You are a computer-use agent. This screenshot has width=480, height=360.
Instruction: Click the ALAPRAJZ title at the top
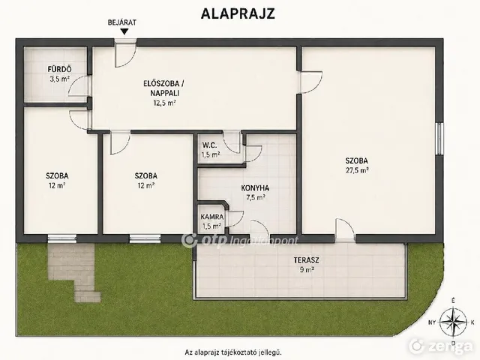pyautogui.click(x=238, y=13)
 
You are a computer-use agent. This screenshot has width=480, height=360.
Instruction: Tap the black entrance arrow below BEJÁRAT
pyautogui.click(x=124, y=31)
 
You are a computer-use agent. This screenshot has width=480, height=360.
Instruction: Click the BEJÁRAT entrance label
pyautogui.click(x=122, y=22)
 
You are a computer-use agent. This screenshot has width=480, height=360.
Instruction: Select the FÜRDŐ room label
pyautogui.click(x=60, y=69)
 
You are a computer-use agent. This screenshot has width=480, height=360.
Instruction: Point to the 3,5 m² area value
pyautogui.click(x=60, y=79)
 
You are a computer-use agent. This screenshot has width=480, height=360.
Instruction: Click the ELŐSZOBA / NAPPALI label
pyautogui.click(x=163, y=88)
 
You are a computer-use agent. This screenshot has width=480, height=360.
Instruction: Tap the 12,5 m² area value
pyautogui.click(x=164, y=103)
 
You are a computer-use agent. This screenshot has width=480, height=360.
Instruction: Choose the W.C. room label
pyautogui.click(x=210, y=145)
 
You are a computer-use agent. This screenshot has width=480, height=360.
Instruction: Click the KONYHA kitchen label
pyautogui.click(x=255, y=188)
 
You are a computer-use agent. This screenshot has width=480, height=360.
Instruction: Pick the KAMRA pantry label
pyautogui.click(x=212, y=217)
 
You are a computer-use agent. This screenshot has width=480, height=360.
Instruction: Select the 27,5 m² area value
pyautogui.click(x=357, y=170)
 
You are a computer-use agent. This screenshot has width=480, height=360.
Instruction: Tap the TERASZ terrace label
pyautogui.click(x=307, y=260)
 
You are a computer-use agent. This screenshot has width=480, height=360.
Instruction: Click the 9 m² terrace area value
pyautogui.click(x=307, y=270)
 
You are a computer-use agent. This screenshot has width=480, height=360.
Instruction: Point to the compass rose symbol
pyautogui.click(x=453, y=322)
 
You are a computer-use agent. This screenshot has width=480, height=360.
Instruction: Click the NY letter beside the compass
pyautogui.click(x=432, y=322)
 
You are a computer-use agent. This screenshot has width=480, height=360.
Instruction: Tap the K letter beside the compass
pyautogui.click(x=472, y=322)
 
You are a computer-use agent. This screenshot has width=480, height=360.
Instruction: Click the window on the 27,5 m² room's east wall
pyautogui.click(x=439, y=138)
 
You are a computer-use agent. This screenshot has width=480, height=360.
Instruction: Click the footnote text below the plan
pyautogui.click(x=233, y=352)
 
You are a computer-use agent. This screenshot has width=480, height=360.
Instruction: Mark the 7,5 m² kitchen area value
pyautogui.click(x=256, y=198)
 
